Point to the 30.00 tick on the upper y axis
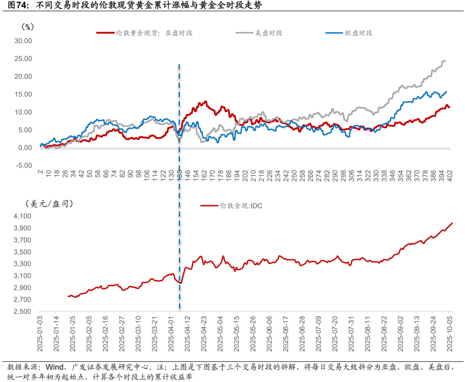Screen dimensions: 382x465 [x=23, y=41]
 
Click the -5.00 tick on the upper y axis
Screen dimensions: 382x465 [x=23, y=165]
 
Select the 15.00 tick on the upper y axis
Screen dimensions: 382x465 [x=23, y=94]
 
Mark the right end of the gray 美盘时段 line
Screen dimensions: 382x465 [x=445, y=61]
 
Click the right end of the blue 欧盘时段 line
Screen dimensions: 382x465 [x=446, y=91]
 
